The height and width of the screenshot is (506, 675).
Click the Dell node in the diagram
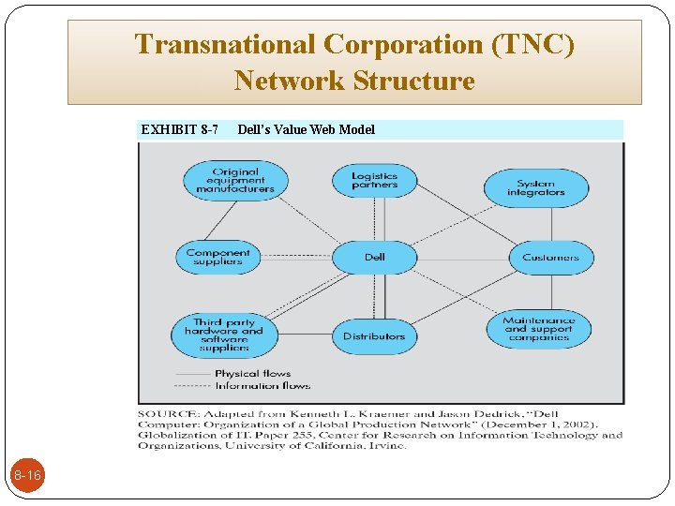point(374,257)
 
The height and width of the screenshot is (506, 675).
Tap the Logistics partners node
point(374,181)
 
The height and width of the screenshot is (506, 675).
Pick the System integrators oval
point(536,187)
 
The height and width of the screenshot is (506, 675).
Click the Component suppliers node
point(217,257)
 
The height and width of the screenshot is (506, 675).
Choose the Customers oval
point(551,257)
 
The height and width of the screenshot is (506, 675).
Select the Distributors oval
point(374,335)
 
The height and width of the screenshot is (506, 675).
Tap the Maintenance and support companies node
point(538,329)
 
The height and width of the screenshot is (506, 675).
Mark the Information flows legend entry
point(262,385)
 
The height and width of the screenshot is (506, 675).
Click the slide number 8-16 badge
point(26,476)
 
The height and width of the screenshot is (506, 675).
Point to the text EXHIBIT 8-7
point(179,129)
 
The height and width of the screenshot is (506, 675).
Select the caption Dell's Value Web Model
point(306,129)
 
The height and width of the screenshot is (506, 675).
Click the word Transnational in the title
point(224,44)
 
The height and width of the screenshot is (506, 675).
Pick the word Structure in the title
point(414,81)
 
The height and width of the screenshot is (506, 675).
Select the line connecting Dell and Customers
point(463,257)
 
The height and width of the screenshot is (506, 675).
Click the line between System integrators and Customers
point(551,225)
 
